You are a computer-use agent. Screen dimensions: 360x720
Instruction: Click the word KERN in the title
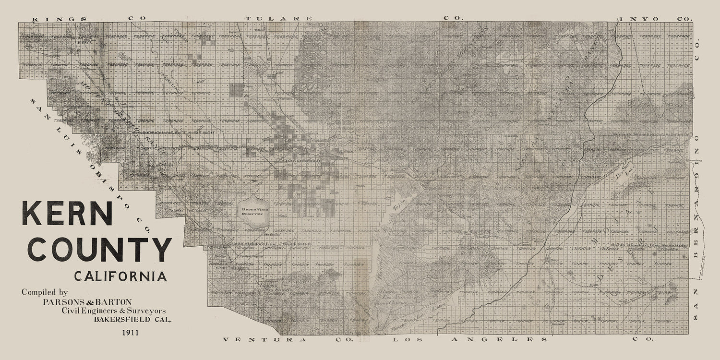click(67, 214)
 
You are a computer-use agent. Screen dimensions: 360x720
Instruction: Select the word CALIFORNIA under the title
click(120, 276)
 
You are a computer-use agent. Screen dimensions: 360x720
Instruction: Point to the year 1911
click(131, 332)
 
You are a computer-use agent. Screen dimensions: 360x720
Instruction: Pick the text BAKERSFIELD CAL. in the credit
click(132, 319)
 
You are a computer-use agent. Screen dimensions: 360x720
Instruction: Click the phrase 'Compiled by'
click(45, 292)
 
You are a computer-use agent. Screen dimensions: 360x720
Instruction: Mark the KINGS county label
click(60, 19)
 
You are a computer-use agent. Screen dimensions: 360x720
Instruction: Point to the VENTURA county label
click(265, 340)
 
